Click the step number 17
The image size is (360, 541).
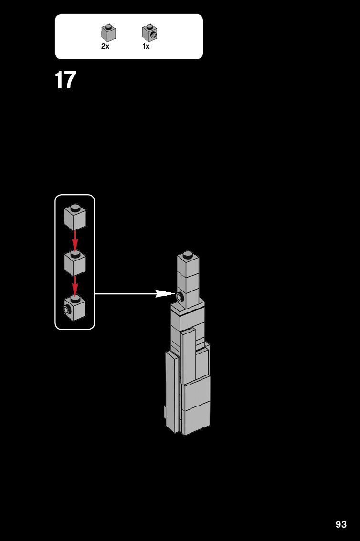click(65, 80)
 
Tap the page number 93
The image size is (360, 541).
click(341, 524)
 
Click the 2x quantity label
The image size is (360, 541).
click(105, 47)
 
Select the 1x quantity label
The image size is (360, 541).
click(146, 47)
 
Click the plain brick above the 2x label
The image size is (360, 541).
click(108, 33)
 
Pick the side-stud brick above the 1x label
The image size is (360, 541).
click(149, 33)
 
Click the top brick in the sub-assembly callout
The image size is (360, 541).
click(75, 218)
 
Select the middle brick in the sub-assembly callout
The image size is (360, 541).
click(75, 263)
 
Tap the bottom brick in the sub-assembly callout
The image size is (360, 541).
click(75, 309)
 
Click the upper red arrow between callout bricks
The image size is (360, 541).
click(75, 240)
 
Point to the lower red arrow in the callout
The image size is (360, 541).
click(75, 286)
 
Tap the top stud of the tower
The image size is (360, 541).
click(188, 254)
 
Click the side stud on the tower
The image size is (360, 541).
click(180, 298)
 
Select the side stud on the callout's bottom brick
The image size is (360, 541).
click(67, 311)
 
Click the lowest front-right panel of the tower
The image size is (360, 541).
click(196, 418)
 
